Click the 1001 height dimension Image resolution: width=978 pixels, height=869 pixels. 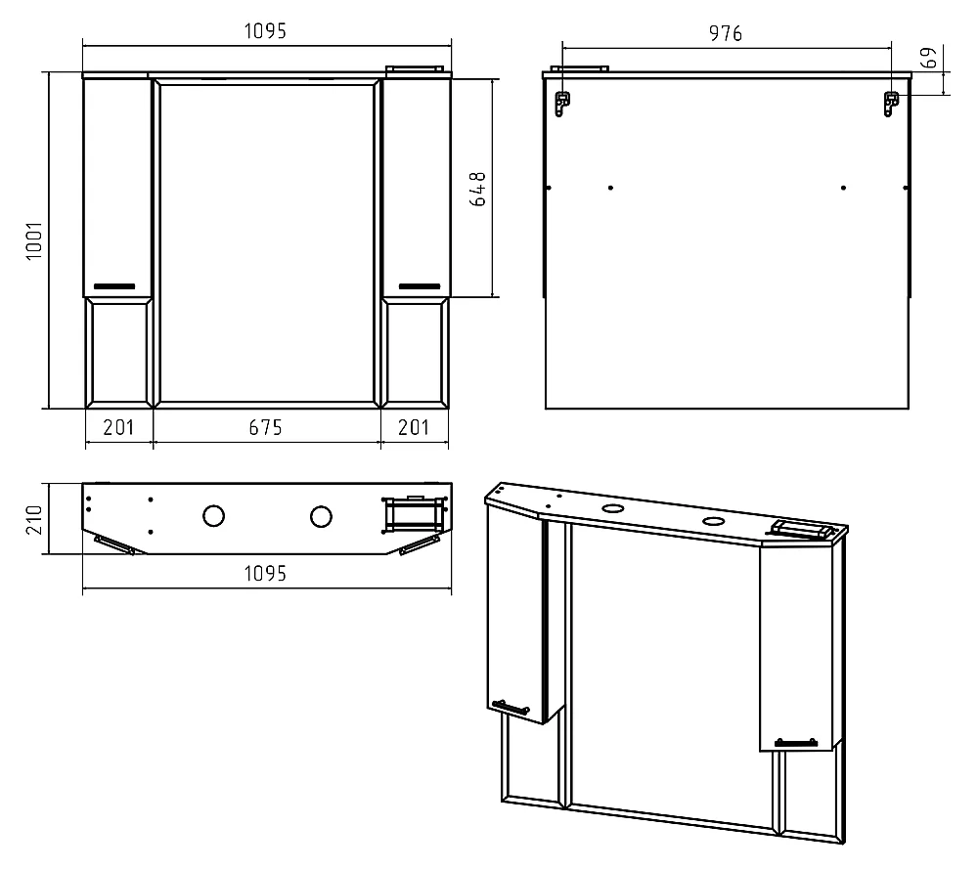33,240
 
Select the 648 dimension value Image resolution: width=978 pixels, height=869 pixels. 477,190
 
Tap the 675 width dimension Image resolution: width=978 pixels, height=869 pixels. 266,427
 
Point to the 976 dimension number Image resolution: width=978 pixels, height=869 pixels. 726,33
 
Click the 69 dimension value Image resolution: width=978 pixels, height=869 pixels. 929,58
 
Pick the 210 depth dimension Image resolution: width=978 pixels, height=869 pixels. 33,519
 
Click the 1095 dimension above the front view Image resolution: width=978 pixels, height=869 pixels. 265,30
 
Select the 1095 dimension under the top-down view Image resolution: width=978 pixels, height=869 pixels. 265,573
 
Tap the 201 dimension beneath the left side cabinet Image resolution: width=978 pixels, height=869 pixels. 118,427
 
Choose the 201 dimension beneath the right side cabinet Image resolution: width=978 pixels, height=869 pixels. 414,427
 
